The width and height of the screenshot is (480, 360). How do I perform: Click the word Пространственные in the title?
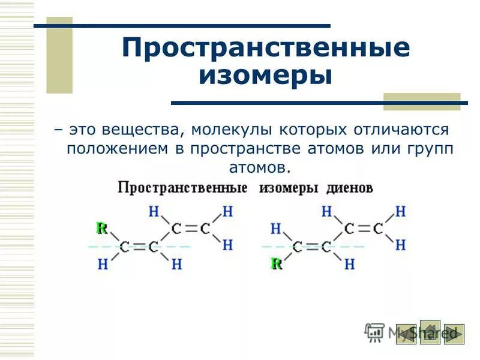click(x=266, y=48)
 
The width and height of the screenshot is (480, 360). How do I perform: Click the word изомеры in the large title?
click(x=266, y=76)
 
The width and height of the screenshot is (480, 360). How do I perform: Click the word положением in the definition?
click(x=118, y=148)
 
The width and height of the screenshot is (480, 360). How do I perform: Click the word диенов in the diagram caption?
click(x=350, y=188)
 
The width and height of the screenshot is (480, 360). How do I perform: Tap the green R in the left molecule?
click(x=101, y=228)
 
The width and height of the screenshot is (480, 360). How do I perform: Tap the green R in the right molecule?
click(x=276, y=263)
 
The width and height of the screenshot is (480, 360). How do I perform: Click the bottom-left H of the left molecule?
click(x=102, y=264)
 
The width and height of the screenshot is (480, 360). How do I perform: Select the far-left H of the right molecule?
click(x=276, y=229)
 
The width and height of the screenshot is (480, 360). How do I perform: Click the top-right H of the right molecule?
click(x=400, y=211)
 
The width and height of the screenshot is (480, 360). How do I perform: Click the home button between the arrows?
click(x=430, y=332)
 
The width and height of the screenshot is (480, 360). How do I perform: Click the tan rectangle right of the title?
click(x=421, y=101)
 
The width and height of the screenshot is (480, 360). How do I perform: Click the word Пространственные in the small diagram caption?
click(x=182, y=188)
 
